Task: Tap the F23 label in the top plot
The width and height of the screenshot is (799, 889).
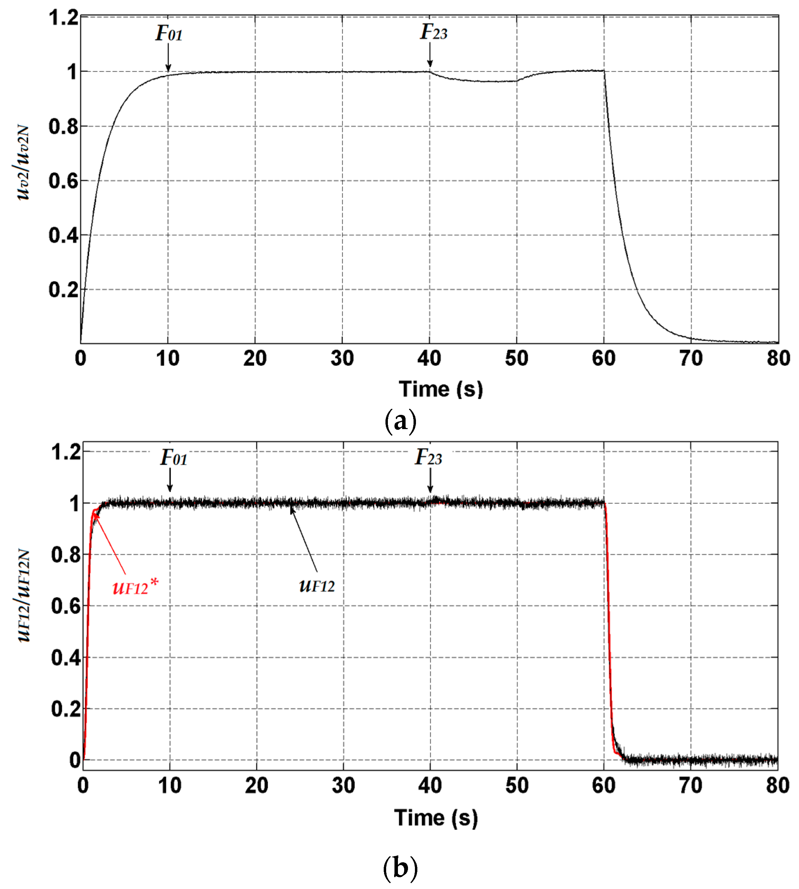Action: point(433,32)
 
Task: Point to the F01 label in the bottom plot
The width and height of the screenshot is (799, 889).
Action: point(173,458)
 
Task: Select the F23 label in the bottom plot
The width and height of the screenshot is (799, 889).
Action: point(428,457)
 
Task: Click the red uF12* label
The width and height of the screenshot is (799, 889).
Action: point(135,586)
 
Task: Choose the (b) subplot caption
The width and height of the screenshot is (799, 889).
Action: point(400,868)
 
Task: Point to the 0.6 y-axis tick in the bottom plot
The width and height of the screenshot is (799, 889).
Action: point(66,606)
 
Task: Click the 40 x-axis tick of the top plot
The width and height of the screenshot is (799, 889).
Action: point(429,359)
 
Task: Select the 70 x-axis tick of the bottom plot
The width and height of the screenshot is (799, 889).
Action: point(691,785)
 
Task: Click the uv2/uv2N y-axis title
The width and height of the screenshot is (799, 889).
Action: point(22,163)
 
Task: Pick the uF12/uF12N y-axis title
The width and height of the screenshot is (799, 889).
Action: point(23,596)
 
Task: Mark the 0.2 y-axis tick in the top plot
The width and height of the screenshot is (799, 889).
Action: point(63,290)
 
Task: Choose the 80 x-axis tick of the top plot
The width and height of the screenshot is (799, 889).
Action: point(778,359)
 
